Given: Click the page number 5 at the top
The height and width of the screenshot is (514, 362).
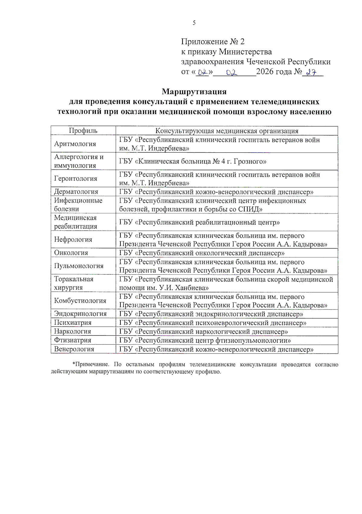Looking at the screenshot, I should tap(194, 23).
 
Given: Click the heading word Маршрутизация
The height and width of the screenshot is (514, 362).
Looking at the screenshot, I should tap(194, 91).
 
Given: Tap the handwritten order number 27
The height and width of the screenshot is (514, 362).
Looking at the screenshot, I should tap(311, 72).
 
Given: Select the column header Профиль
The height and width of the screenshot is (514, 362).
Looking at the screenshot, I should tap(83, 131).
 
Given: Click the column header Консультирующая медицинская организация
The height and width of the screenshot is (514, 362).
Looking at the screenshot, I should tap(227, 131).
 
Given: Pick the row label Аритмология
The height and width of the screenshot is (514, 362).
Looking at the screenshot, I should tap(75, 144).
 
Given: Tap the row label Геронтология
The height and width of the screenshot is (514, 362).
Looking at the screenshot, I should tap(76, 179).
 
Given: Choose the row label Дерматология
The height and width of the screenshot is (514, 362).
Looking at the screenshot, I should tap(76, 192).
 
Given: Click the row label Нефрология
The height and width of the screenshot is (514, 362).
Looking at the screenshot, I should tap(73, 240).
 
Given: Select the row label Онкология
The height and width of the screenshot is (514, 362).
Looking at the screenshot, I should tap(71, 253).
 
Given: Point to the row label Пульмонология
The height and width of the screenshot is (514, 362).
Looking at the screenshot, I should tap(79, 266).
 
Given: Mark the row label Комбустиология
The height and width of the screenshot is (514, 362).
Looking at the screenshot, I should tap(80, 301).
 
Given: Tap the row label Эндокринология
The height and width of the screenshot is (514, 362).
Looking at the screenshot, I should tap(80, 314).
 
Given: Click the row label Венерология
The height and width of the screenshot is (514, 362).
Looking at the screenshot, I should tap(74, 349).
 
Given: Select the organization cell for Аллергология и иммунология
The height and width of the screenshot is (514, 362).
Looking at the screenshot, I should tap(193, 161).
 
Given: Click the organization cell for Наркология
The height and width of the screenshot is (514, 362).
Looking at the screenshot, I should tap(203, 332).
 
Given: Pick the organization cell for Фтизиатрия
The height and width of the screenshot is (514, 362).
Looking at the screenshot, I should tap(205, 341).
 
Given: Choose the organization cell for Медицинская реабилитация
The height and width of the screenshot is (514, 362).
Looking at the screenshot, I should tap(199, 223).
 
